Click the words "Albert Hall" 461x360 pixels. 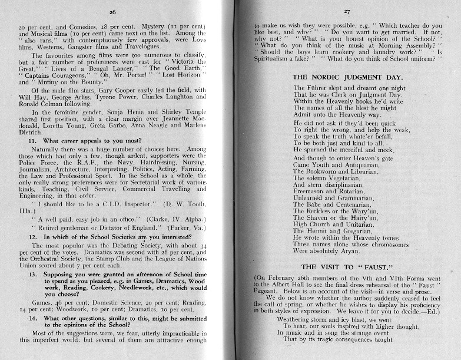[x=291, y=284]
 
